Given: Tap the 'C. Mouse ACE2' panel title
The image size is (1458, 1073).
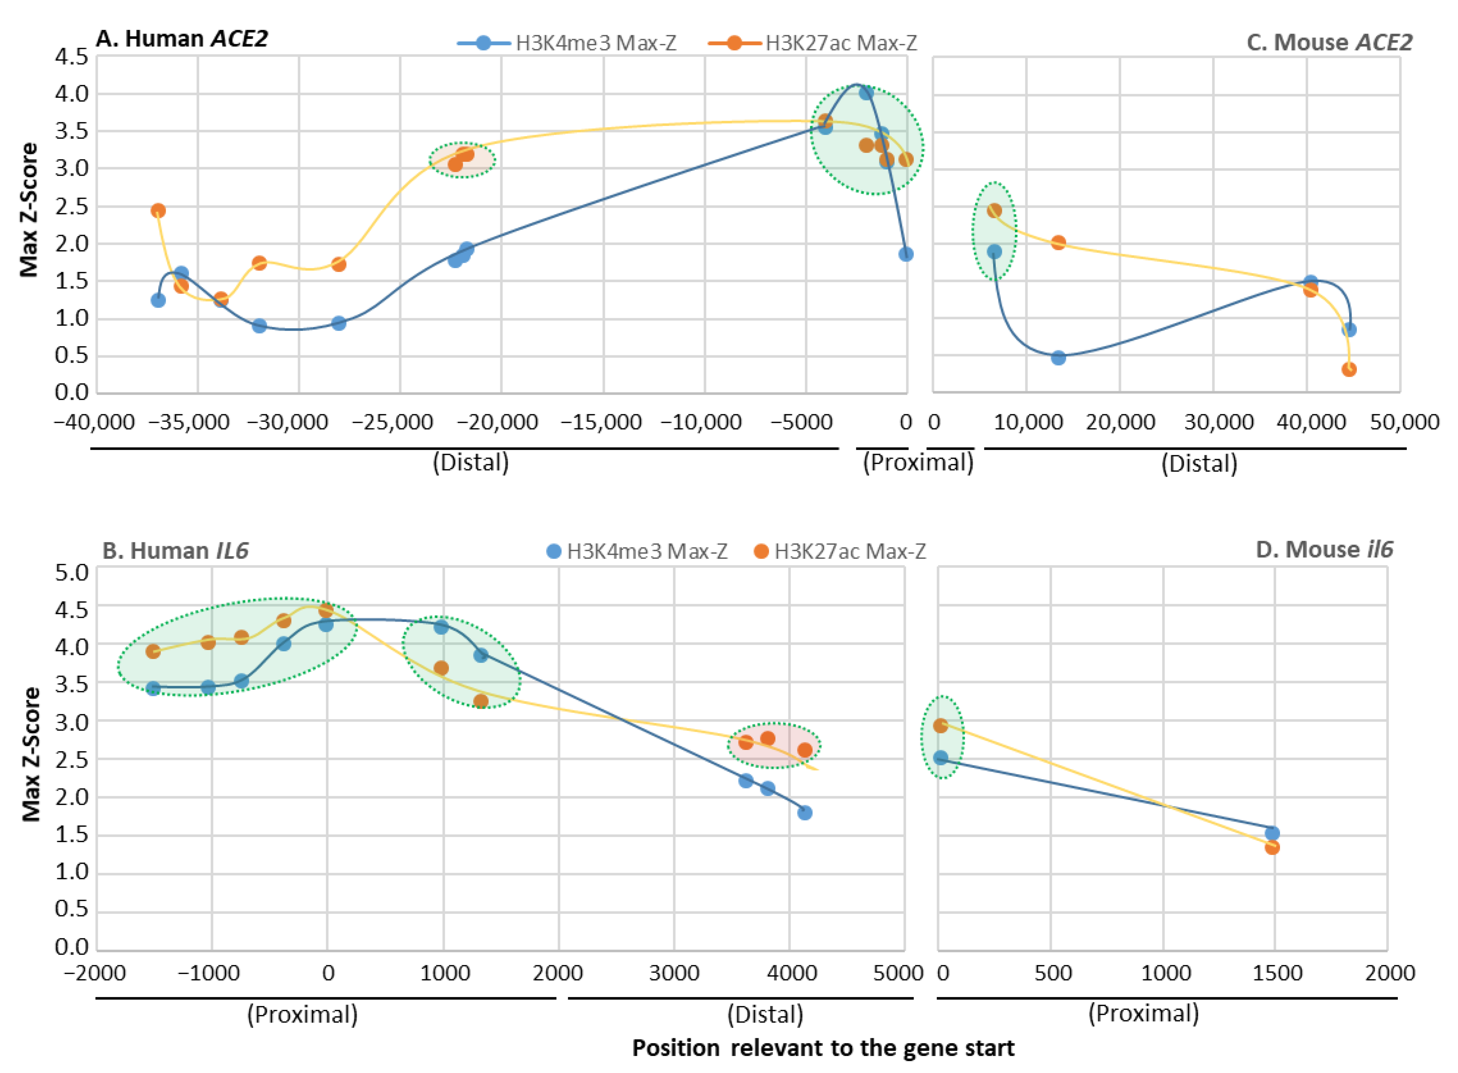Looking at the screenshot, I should click(1328, 42).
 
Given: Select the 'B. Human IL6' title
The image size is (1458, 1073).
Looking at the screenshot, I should click(175, 551).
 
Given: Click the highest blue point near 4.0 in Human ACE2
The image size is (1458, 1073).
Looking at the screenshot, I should click(866, 93).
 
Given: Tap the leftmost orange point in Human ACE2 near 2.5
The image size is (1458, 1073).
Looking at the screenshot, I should click(158, 210).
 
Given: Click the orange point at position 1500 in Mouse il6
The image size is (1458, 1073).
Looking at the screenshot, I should click(1272, 847).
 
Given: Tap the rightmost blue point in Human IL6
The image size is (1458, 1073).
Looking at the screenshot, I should click(805, 812).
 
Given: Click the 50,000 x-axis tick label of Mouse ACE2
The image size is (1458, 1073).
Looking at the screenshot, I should click(1404, 422).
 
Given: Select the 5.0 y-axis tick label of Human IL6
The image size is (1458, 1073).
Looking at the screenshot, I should click(71, 572).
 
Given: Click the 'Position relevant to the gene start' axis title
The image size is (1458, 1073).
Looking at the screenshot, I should click(823, 1048).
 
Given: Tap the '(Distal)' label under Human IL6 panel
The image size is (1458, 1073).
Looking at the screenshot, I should click(765, 1014).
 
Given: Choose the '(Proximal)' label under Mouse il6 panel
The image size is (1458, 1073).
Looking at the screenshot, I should click(1143, 1013).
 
